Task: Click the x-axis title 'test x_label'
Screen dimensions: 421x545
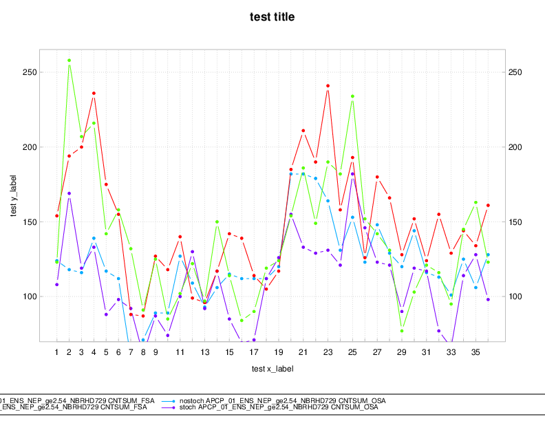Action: coord(272,369)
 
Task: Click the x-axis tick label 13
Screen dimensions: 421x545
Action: coord(204,352)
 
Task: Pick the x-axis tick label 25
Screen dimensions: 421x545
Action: coord(352,352)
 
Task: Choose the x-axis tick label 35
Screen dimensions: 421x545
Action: coord(475,352)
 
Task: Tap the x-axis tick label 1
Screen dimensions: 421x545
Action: coord(57,352)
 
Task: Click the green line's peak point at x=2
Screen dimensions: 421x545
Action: coord(70,61)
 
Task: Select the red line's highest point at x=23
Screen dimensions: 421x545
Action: coord(328,86)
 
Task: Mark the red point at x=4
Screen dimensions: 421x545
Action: coord(94,94)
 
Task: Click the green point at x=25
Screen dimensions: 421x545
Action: coord(352,96)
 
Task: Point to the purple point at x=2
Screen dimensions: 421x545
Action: coord(70,193)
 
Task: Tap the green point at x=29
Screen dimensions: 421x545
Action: coord(402,331)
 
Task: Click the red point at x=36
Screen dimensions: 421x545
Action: coord(488,205)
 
